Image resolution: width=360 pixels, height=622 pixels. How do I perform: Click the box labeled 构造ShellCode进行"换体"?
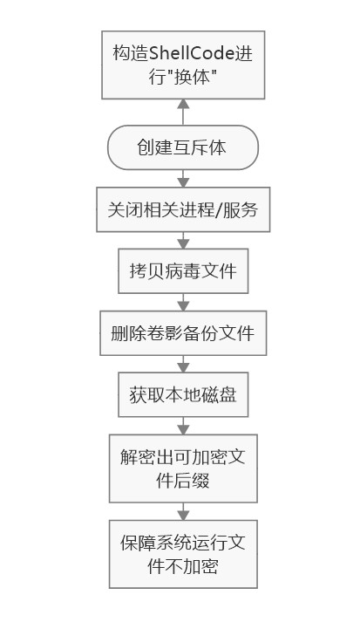pyautogui.click(x=183, y=65)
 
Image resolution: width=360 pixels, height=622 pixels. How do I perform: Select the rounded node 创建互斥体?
pyautogui.click(x=183, y=147)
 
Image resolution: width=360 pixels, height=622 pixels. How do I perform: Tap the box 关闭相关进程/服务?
pyautogui.click(x=183, y=209)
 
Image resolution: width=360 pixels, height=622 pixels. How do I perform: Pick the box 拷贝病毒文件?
pyautogui.click(x=183, y=271)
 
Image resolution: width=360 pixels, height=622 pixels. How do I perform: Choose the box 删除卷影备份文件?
pyautogui.click(x=183, y=333)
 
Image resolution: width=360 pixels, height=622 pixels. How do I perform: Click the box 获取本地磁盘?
pyautogui.click(x=183, y=394)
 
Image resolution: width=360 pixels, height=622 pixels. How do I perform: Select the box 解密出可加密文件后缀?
pyautogui.click(x=183, y=468)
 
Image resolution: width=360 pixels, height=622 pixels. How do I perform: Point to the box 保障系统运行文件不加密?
pyautogui.click(x=183, y=554)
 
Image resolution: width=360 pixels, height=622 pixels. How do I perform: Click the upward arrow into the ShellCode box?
pyautogui.click(x=183, y=113)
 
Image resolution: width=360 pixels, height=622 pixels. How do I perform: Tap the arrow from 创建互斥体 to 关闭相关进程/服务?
pyautogui.click(x=183, y=179)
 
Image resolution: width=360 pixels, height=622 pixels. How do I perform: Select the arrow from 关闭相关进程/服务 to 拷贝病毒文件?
pyautogui.click(x=183, y=241)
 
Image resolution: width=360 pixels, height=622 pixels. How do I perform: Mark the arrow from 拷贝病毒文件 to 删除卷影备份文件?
pyautogui.click(x=183, y=302)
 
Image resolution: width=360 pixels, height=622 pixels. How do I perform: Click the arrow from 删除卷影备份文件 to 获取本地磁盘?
pyautogui.click(x=183, y=364)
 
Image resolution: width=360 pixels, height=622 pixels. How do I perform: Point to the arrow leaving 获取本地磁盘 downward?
pyautogui.click(x=183, y=426)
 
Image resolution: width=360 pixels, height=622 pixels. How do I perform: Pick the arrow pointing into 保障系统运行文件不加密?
pyautogui.click(x=183, y=511)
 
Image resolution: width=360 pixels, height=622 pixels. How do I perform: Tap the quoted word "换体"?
pyautogui.click(x=183, y=77)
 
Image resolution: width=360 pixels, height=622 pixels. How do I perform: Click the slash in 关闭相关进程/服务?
pyautogui.click(x=219, y=210)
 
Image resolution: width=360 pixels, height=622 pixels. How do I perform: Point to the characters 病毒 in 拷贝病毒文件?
pyautogui.click(x=183, y=271)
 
